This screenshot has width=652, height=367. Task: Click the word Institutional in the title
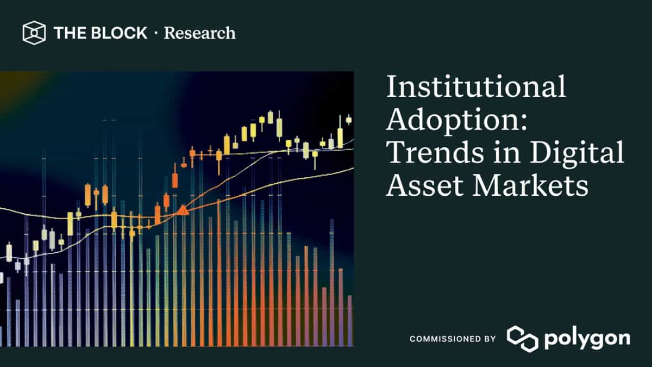pos(476,88)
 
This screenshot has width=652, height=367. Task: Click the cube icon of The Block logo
pos(33,33)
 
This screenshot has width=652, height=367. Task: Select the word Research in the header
pos(200,33)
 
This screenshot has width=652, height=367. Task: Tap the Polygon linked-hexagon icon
pos(522,339)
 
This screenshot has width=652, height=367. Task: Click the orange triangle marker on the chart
pos(183,209)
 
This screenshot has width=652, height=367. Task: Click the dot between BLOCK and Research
pos(156,33)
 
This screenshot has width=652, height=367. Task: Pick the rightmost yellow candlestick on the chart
pos(349,120)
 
